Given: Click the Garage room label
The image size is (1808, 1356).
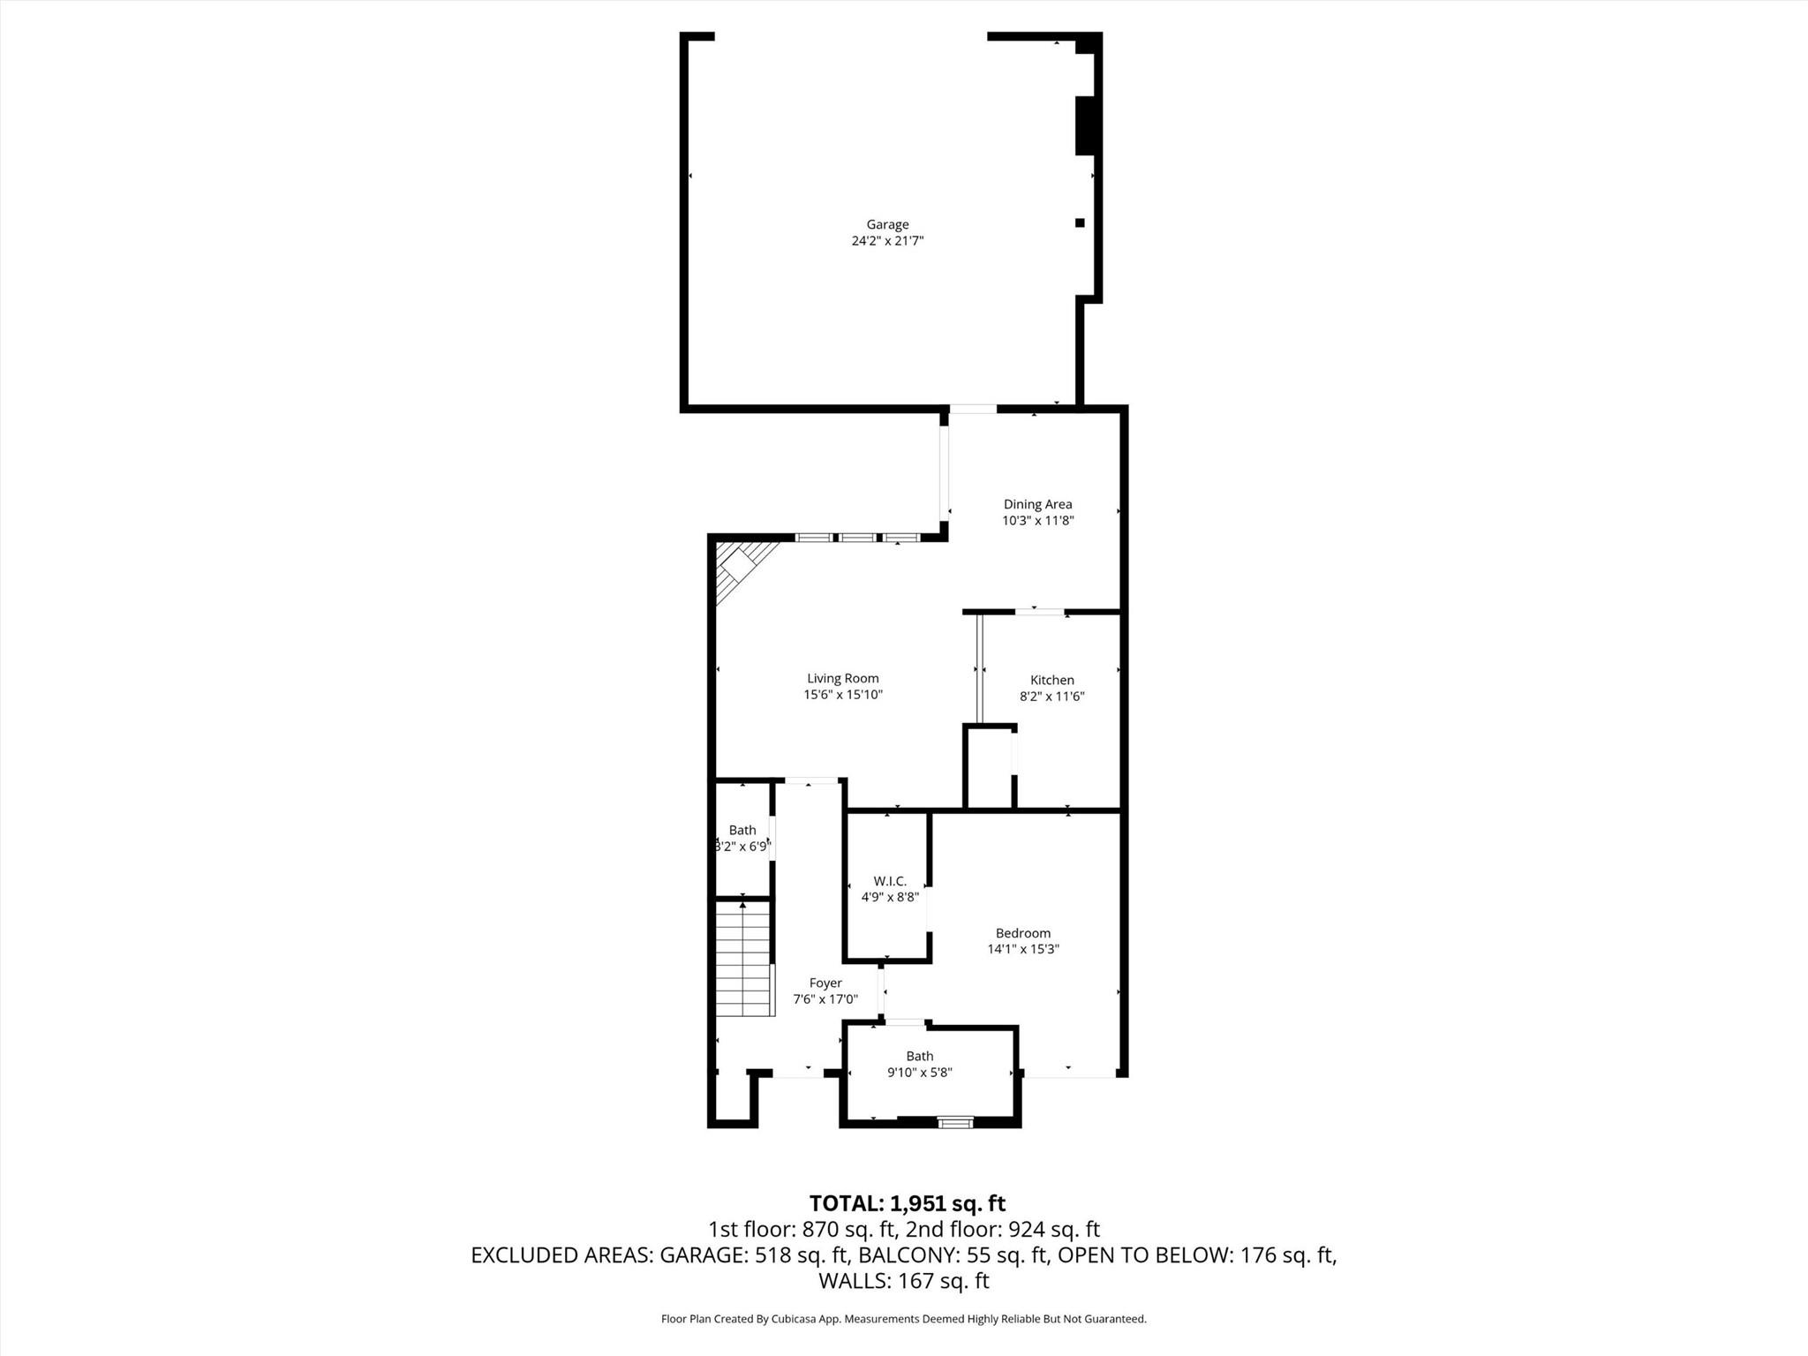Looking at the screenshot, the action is [887, 225].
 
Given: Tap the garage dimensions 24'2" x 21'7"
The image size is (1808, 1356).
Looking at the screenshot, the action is [887, 241].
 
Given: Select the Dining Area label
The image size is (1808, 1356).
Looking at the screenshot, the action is [1037, 505].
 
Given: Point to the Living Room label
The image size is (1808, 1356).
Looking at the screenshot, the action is [843, 679].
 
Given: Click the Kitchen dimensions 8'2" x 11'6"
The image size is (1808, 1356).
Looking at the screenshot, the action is [1052, 697].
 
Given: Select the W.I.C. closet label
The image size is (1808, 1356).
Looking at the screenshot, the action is [890, 882].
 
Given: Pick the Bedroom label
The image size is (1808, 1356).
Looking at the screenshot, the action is [1023, 933].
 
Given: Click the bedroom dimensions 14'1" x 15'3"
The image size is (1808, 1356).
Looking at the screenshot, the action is [1023, 950].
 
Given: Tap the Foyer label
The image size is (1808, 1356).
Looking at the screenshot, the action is [825, 983].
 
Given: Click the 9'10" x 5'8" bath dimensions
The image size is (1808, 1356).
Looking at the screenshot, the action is [920, 1073].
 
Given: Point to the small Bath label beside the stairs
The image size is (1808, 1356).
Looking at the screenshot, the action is [742, 831].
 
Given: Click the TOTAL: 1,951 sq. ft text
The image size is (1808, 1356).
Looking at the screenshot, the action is [908, 1203].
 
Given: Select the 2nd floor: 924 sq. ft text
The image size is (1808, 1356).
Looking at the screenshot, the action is [1003, 1229].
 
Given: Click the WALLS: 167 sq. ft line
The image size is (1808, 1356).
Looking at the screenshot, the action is [904, 1281].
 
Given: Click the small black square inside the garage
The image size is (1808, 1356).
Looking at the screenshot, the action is [1079, 223].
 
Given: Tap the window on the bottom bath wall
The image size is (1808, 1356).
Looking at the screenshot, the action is [955, 1123].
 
